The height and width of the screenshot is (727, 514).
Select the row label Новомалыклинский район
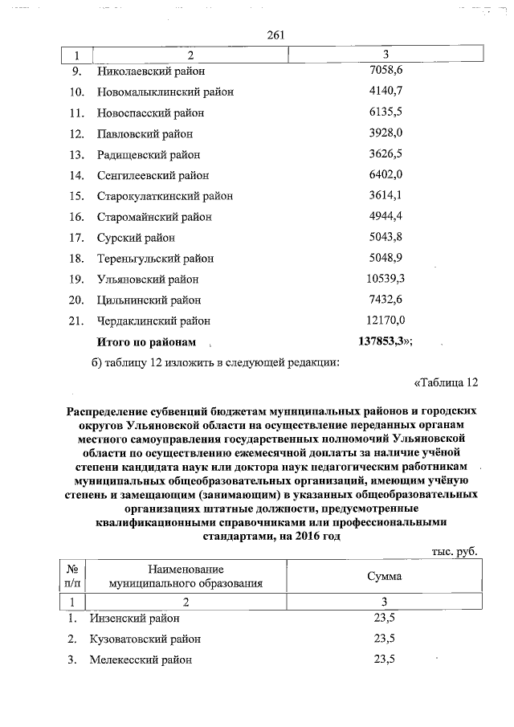(x=165, y=92)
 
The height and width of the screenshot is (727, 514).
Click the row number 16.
(x=77, y=217)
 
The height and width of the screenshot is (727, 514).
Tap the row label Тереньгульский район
(x=156, y=259)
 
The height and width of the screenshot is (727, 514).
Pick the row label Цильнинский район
(x=149, y=300)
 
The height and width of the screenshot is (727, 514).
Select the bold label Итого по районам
(x=146, y=342)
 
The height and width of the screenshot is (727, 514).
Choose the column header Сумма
(x=385, y=577)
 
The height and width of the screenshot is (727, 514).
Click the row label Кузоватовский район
(x=149, y=639)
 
